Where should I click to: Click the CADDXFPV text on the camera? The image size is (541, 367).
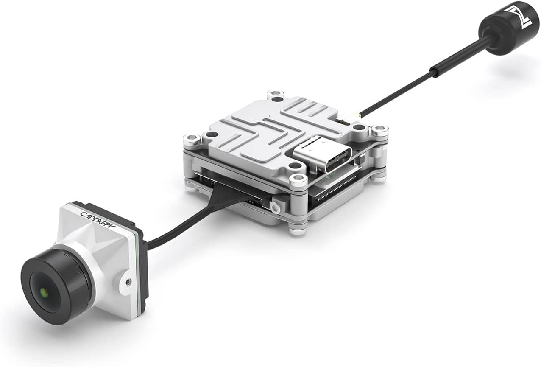click(x=97, y=213)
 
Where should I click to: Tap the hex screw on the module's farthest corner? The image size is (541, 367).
click(x=276, y=94)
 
